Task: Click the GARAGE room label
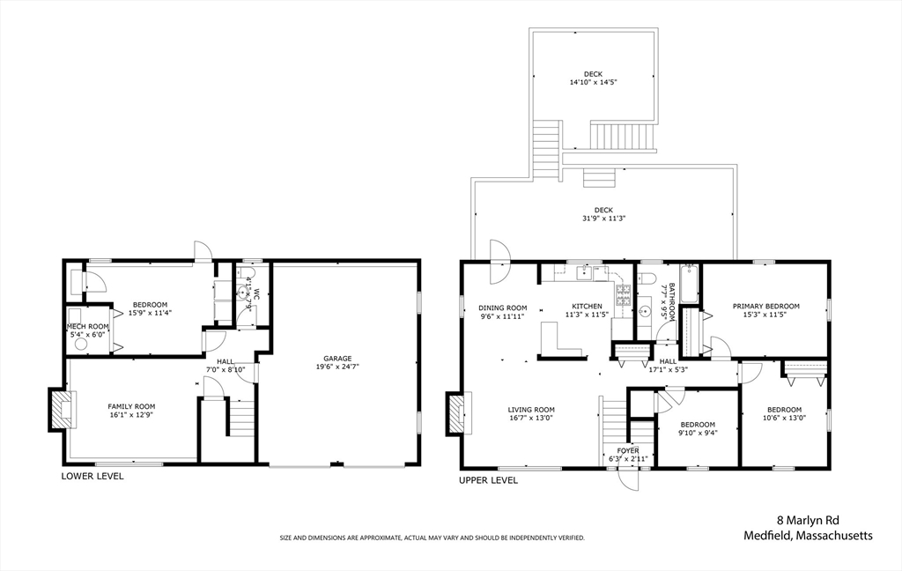336,359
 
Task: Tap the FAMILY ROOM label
131,406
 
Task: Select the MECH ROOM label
87,326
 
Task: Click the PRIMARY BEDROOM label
765,307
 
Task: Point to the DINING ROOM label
503,308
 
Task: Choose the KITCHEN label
587,307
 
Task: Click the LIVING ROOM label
531,410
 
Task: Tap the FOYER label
627,450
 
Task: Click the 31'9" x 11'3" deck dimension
603,219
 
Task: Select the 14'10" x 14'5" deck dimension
593,82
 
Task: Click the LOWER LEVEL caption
92,477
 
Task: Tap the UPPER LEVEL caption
488,480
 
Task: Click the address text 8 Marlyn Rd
808,521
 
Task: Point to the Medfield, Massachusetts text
808,536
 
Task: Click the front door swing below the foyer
628,479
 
